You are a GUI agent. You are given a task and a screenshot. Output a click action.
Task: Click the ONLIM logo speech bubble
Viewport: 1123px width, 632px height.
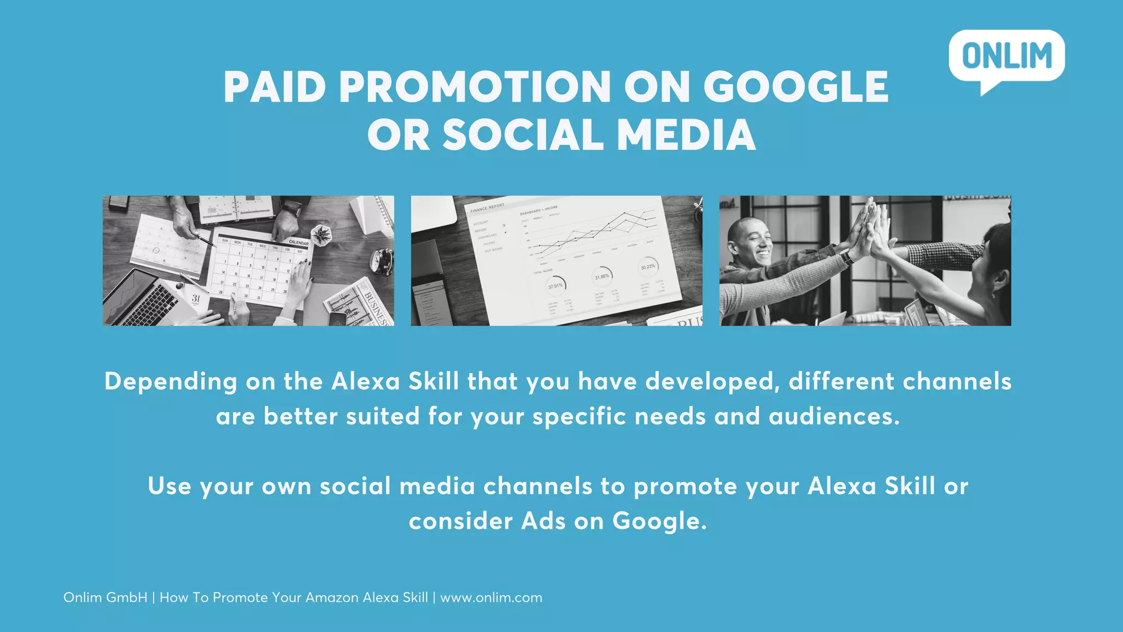point(1007,57)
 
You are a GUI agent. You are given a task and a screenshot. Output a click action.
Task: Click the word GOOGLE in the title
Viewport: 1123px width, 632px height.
point(796,87)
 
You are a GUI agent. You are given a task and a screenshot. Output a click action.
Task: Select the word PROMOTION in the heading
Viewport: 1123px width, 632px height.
point(475,87)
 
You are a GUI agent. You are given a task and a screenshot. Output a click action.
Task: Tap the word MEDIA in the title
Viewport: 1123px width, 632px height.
point(687,135)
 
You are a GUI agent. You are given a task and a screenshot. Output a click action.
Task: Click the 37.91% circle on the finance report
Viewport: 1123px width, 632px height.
point(555,285)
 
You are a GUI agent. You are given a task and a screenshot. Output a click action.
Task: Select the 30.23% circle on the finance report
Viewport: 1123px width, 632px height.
point(648,267)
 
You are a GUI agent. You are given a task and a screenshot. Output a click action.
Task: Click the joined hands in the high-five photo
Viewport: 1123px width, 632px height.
point(872,228)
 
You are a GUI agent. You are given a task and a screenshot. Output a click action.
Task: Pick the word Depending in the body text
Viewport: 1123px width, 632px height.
point(171,381)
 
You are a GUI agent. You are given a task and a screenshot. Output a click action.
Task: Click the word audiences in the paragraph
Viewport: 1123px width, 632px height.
point(833,416)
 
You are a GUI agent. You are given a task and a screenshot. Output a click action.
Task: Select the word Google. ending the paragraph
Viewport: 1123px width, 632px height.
point(660,521)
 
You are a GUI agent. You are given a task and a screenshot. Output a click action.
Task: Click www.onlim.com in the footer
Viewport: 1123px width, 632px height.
point(491,597)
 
